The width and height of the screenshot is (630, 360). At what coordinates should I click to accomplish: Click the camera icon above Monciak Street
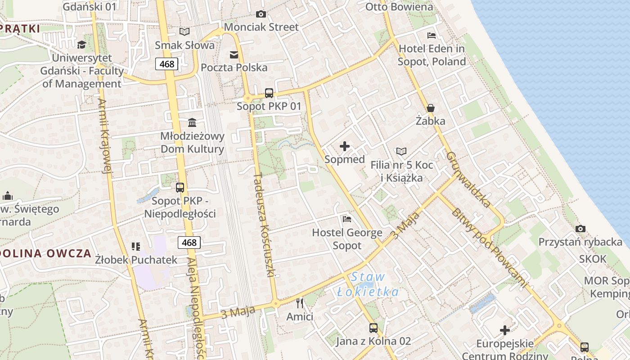pos(261,14)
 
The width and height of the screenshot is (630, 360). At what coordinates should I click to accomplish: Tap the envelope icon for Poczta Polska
pos(234,55)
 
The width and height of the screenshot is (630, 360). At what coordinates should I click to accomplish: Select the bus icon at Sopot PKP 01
pos(269,93)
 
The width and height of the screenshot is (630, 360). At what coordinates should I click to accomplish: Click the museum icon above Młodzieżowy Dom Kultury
pos(192,122)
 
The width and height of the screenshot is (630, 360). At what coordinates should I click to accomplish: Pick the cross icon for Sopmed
pos(345,146)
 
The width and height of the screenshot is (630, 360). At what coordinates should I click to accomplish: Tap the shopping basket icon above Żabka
pos(431,108)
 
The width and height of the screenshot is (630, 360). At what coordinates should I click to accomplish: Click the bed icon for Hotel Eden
pos(432,35)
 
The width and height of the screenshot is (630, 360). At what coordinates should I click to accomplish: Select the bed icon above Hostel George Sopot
pos(347,219)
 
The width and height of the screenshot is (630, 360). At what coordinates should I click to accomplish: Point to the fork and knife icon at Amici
pos(300,303)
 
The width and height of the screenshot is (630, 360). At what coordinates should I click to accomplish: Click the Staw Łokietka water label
pos(368,284)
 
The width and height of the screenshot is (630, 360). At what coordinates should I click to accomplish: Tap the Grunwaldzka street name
pos(468,180)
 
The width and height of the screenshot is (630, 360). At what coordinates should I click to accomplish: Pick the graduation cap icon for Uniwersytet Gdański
pos(81,45)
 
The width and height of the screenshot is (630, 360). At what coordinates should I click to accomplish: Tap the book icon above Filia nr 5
pos(401,152)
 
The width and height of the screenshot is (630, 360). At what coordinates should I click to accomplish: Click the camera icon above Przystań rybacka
pos(580,229)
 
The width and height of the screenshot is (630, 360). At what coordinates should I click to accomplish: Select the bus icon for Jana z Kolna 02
pos(373,328)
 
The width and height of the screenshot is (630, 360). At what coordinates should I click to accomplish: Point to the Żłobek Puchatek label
pos(136,260)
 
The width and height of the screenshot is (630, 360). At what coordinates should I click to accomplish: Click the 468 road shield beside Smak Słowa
pos(167,64)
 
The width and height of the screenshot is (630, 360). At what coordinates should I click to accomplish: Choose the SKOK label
pos(593,259)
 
